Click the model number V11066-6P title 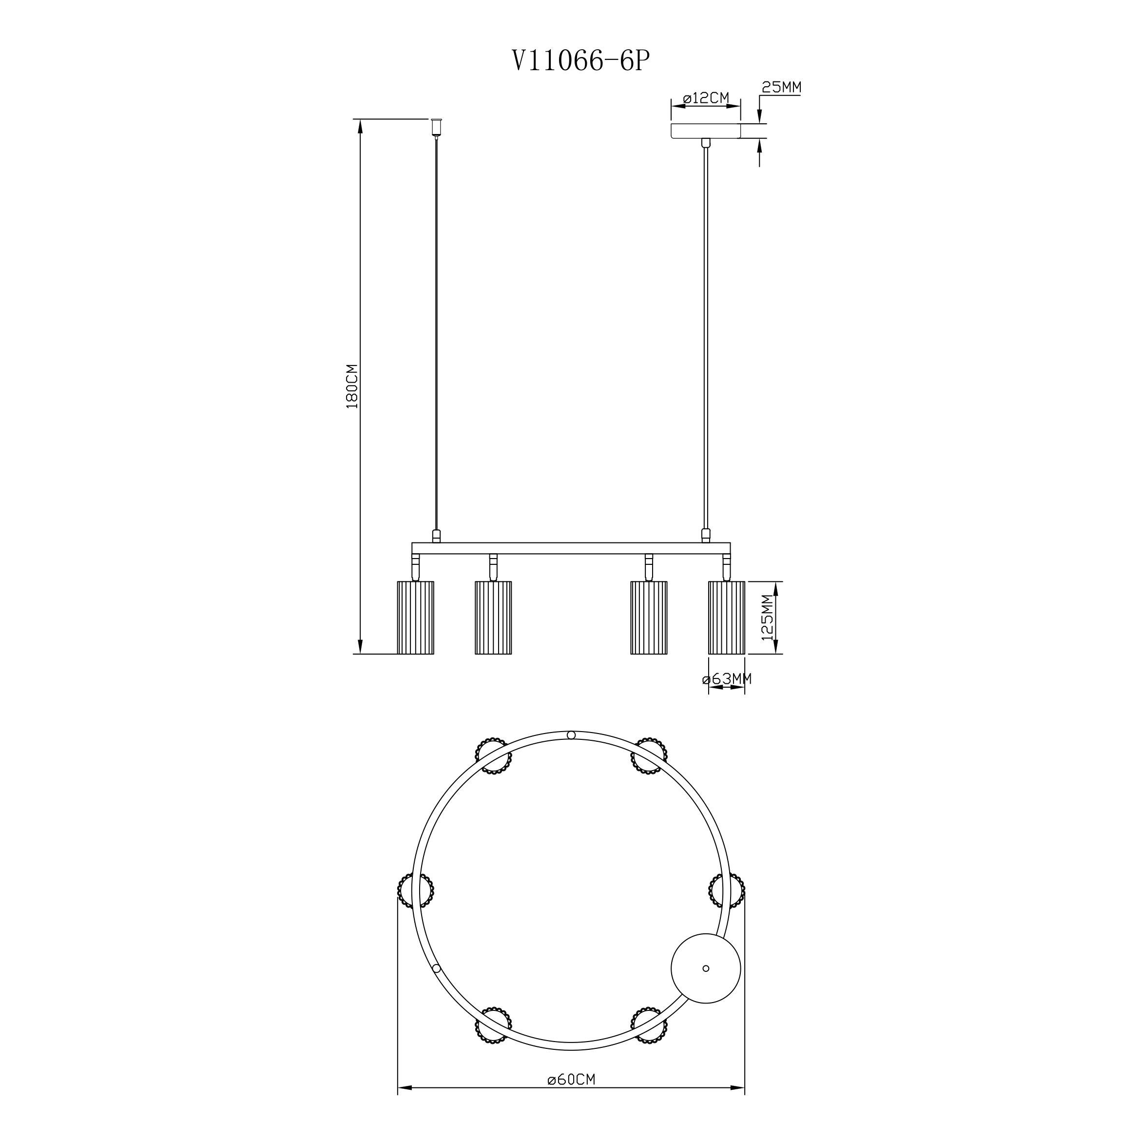pyautogui.click(x=582, y=61)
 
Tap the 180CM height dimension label pyautogui.click(x=352, y=386)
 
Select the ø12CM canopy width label pyautogui.click(x=706, y=98)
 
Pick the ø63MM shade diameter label pyautogui.click(x=727, y=679)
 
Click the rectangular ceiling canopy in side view pyautogui.click(x=705, y=131)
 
